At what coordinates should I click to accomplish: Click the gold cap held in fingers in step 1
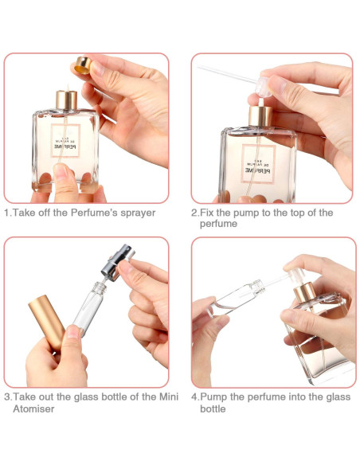83,64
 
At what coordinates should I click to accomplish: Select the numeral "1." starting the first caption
8,213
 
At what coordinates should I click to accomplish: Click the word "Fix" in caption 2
207,213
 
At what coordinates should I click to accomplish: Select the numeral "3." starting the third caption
8,396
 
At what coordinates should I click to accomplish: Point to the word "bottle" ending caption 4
213,408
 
